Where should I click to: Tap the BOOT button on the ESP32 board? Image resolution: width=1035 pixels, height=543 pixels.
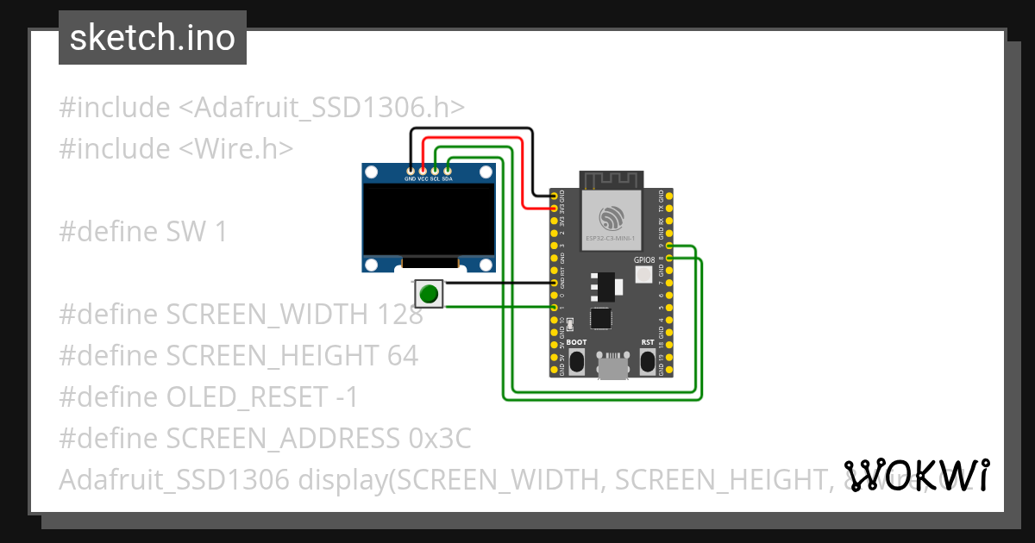(x=576, y=361)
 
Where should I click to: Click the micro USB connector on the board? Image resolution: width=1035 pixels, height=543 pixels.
(x=612, y=367)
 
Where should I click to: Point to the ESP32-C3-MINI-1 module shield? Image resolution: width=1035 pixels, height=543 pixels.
(x=611, y=220)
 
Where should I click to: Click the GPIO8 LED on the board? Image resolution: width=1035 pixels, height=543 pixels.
(x=643, y=275)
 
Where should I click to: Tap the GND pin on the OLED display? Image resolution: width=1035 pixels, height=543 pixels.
(x=411, y=172)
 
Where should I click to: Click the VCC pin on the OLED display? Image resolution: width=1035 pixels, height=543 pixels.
(x=423, y=172)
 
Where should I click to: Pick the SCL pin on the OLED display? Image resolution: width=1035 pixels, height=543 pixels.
(x=435, y=172)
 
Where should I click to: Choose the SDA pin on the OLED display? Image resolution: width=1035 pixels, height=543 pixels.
(x=447, y=172)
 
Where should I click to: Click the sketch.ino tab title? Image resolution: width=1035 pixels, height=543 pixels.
(x=153, y=38)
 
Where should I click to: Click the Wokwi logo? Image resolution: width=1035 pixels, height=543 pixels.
(x=916, y=475)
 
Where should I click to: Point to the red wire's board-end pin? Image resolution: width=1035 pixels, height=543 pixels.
(x=554, y=209)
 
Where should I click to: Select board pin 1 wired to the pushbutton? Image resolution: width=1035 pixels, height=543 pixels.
(x=554, y=307)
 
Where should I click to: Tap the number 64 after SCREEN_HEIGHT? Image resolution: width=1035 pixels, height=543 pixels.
(x=401, y=355)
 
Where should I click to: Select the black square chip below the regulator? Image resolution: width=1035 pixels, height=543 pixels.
(x=600, y=318)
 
